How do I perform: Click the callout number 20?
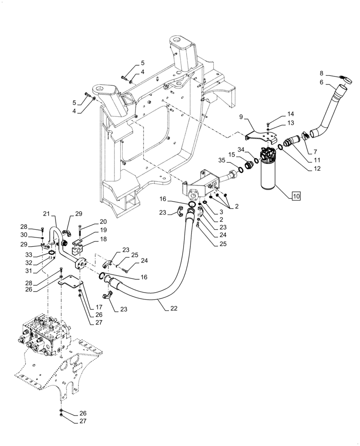tap(103, 222)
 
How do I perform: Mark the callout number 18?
tap(103, 240)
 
